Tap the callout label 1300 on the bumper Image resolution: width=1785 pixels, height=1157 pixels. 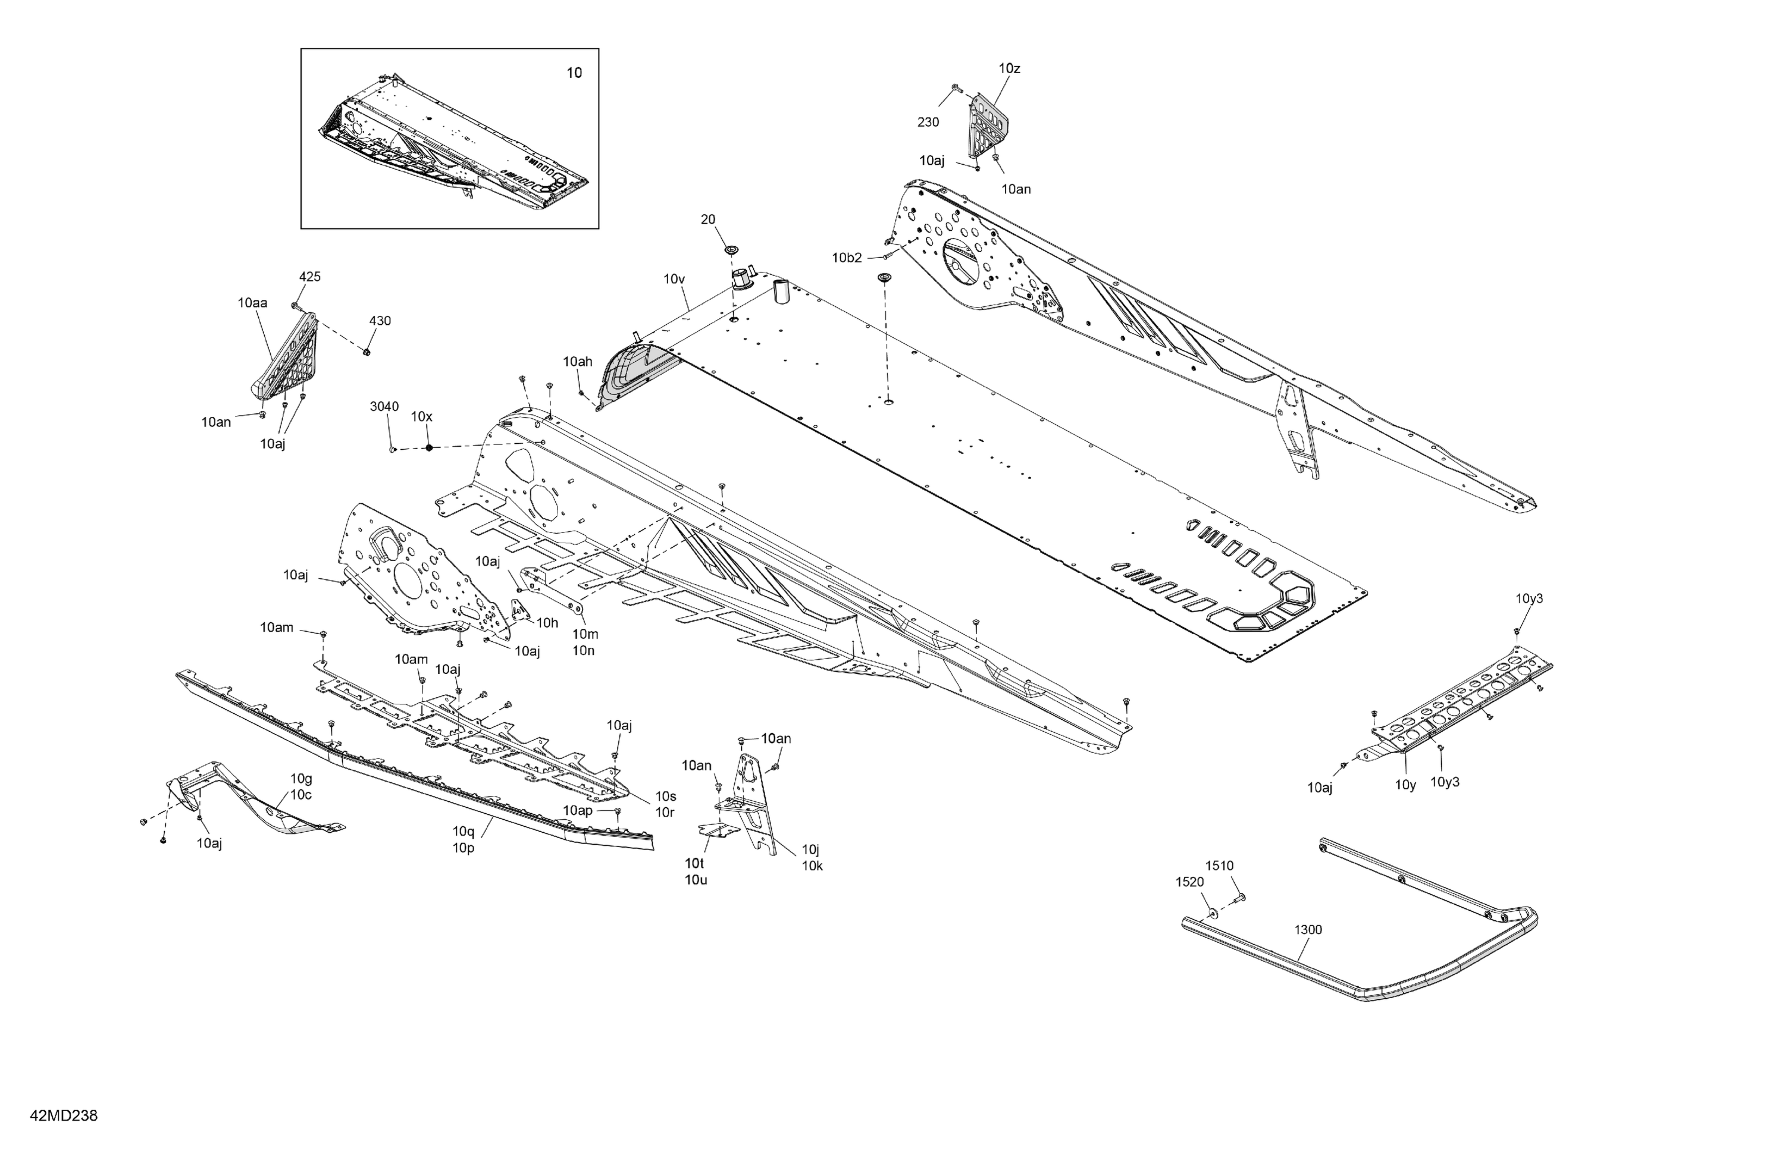1308,930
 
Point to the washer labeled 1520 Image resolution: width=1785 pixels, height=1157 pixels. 1212,915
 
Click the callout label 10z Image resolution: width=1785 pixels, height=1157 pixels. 1010,68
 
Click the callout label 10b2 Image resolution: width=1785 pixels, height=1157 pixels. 847,258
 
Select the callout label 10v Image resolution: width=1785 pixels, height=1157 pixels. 674,279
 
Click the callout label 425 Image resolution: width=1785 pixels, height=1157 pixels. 310,277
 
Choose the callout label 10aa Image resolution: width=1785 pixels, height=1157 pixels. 253,303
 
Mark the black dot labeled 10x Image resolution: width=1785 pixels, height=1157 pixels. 429,448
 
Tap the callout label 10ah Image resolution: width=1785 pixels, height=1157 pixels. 578,362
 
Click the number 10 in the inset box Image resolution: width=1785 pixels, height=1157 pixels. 574,73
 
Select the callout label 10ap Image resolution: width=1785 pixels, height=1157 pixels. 578,811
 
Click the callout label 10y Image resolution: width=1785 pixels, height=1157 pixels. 1405,785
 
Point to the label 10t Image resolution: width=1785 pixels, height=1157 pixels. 694,863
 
